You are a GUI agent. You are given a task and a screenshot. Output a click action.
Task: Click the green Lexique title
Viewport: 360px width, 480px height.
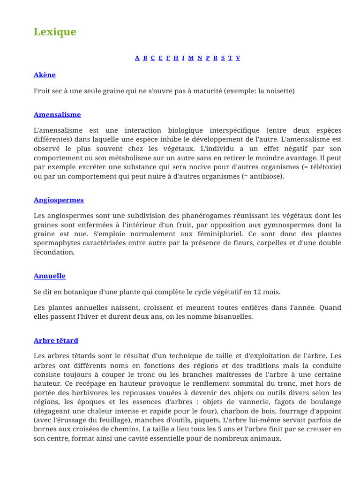point(55,32)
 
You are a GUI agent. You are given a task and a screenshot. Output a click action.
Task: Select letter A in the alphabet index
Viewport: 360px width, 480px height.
point(137,58)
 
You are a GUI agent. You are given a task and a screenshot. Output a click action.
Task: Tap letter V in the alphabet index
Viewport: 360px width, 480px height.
point(238,58)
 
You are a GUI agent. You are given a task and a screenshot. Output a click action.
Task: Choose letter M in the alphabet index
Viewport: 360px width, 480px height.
point(191,58)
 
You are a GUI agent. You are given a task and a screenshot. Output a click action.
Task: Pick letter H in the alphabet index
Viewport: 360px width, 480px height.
point(176,58)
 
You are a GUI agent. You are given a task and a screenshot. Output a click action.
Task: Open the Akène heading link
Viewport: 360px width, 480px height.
point(45,75)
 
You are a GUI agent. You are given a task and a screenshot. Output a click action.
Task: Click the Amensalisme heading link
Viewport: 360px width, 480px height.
point(57,115)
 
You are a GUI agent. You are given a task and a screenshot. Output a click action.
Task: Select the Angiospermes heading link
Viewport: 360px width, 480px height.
point(59,200)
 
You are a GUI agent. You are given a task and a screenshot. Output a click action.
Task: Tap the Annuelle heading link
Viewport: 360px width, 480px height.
point(50,276)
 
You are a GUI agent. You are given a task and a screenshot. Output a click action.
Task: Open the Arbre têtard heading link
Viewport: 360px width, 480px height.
point(56,341)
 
